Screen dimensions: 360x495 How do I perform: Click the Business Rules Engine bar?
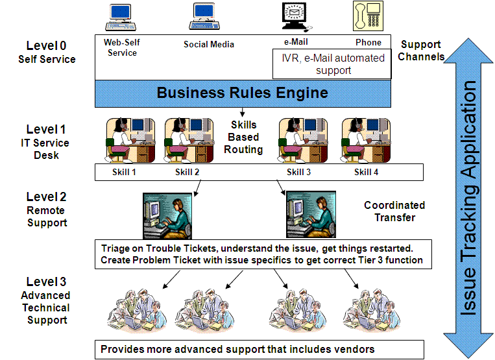click(x=243, y=93)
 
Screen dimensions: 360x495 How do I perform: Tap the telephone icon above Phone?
click(x=367, y=16)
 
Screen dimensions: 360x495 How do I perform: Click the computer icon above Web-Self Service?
click(x=121, y=16)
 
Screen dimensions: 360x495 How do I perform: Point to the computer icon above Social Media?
click(x=207, y=17)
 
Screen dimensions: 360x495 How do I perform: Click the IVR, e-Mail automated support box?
click(x=333, y=64)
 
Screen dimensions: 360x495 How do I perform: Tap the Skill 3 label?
click(x=299, y=172)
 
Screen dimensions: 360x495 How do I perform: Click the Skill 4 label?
click(x=367, y=172)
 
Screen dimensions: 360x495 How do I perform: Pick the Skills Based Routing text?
click(x=243, y=137)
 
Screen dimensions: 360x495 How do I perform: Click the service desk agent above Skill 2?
click(x=187, y=139)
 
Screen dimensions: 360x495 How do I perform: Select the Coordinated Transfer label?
click(x=394, y=211)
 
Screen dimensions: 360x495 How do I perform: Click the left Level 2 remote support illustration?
click(x=165, y=216)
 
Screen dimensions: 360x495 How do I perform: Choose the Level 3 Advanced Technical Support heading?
click(x=46, y=301)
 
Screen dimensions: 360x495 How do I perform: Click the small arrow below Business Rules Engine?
click(x=243, y=112)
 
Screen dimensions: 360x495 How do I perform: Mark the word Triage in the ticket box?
click(x=116, y=248)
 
